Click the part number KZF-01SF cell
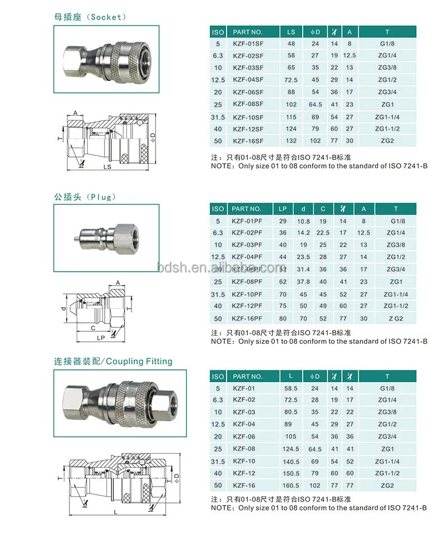pos(246,44)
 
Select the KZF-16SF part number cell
pos(246,141)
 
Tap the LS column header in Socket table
pos(291,32)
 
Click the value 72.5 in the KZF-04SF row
pos(291,80)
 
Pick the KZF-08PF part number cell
pos(246,282)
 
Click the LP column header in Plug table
pos(283,209)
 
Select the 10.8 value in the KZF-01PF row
pos(303,221)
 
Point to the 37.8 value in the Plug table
pos(303,282)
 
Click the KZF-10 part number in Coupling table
pos(243,461)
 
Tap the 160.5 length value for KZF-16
pos(291,486)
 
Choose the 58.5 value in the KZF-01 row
pos(291,388)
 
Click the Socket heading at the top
pos(90,17)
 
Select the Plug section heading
pos(84,197)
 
